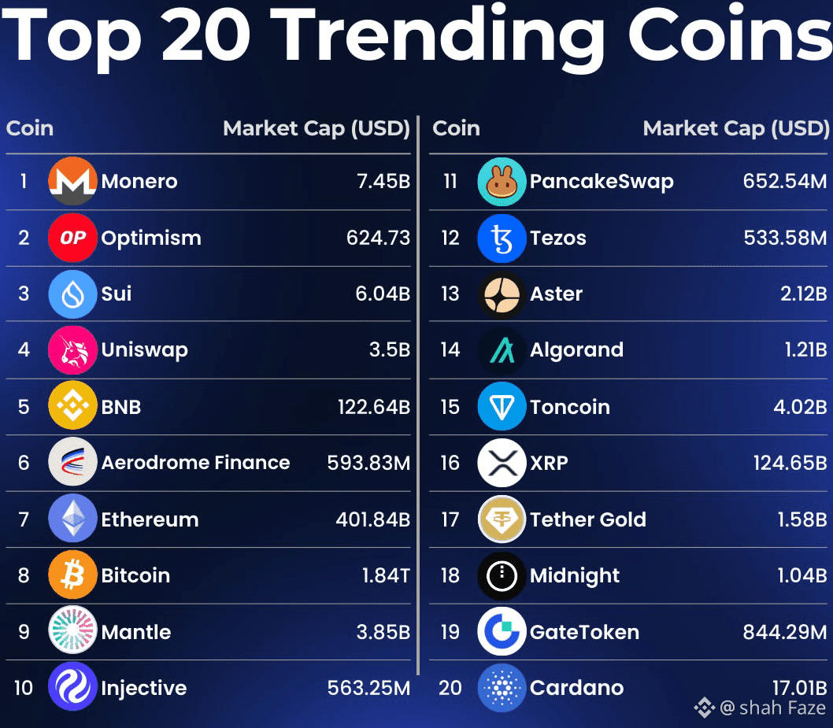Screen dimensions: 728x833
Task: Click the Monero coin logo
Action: click(72, 181)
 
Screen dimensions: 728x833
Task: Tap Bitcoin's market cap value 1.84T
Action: click(386, 575)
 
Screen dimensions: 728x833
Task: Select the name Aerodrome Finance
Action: click(195, 463)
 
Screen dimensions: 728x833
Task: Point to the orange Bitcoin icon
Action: click(72, 575)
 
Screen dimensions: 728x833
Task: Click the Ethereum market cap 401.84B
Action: click(374, 519)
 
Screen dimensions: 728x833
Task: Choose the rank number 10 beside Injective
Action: click(24, 688)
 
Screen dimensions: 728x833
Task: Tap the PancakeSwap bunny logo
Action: click(502, 181)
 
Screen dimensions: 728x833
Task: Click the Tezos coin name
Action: click(557, 238)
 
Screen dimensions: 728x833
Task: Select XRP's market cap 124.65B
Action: click(790, 463)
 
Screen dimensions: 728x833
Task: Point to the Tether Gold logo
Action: click(502, 519)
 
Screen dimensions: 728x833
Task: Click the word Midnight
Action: click(575, 575)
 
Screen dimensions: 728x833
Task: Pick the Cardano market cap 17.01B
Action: click(799, 688)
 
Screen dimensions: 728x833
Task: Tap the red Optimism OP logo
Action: click(72, 238)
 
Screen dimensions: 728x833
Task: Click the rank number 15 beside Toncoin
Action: click(450, 407)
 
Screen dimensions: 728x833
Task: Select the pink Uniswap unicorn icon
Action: click(72, 350)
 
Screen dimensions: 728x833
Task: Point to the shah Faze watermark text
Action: click(772, 708)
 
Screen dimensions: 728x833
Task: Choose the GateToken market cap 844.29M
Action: click(785, 632)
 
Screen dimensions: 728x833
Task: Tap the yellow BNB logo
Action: click(72, 407)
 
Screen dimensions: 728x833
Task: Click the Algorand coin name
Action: click(576, 350)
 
